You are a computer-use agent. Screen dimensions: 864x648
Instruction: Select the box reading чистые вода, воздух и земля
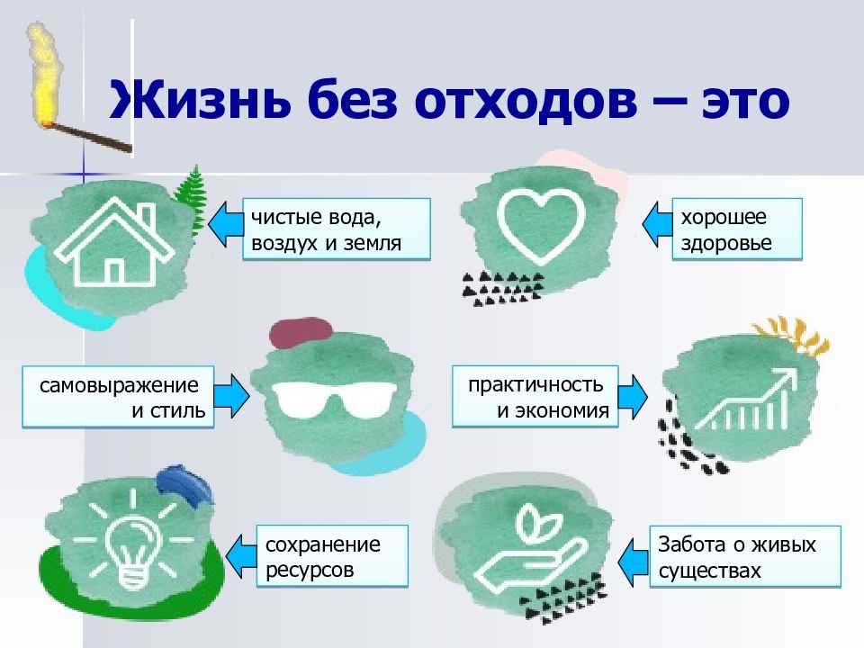(x=336, y=229)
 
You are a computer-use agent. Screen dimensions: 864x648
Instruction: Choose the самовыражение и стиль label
(x=118, y=397)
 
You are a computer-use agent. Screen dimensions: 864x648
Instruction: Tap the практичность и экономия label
(x=535, y=397)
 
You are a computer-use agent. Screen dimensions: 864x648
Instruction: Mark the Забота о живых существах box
(x=745, y=556)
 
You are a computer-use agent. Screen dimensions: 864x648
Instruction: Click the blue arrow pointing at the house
(x=225, y=224)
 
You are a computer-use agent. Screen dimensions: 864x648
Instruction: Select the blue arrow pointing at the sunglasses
(x=231, y=396)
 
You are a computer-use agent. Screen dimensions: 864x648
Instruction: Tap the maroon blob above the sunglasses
(x=301, y=332)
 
